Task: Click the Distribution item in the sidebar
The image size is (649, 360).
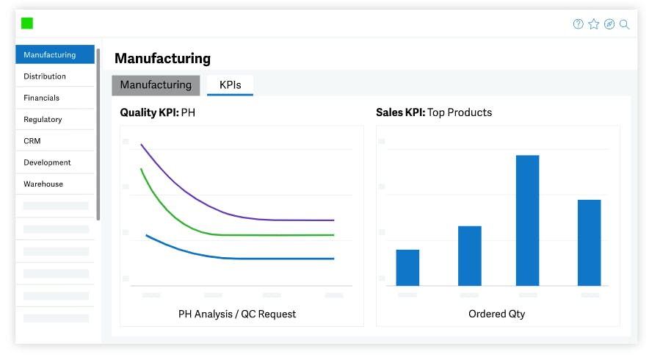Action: (x=45, y=76)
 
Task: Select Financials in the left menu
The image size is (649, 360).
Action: (x=42, y=98)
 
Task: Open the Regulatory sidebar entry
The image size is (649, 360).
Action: (x=43, y=119)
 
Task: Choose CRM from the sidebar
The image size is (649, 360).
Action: (x=32, y=140)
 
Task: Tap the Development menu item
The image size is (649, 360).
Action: (x=47, y=162)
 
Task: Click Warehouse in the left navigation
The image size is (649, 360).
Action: (x=43, y=184)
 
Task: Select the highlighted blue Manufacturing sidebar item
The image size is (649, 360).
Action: (x=50, y=55)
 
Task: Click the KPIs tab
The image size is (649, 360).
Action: (x=230, y=85)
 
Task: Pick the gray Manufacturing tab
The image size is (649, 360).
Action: (x=156, y=85)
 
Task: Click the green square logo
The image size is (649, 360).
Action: (x=27, y=24)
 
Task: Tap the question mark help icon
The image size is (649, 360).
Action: (x=579, y=24)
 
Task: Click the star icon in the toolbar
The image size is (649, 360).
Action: (x=594, y=24)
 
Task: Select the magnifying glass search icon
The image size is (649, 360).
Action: (x=625, y=24)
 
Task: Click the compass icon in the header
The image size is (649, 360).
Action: (x=609, y=24)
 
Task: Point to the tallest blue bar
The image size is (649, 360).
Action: (x=527, y=220)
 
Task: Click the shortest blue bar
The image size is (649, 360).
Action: (x=407, y=267)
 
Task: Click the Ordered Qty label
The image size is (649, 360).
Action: (x=497, y=314)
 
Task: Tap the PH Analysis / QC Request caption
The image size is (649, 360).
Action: (x=237, y=314)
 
